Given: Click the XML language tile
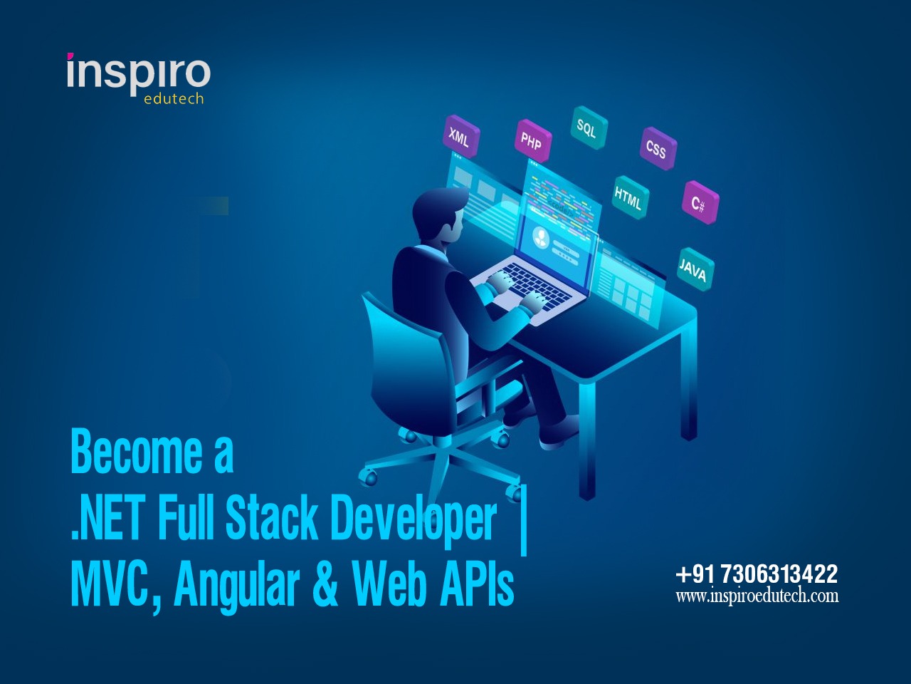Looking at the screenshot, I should pos(460,138).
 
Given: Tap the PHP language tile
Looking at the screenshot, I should pos(532,141).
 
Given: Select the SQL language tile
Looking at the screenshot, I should pos(587,128).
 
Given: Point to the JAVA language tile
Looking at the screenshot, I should pos(693,269).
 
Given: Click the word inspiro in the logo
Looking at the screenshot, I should pos(138,73).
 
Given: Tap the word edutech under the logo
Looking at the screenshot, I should pos(174,99).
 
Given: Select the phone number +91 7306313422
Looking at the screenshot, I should pos(757,574).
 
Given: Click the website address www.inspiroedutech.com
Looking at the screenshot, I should pos(757,596).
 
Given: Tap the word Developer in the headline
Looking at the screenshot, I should pos(414,518).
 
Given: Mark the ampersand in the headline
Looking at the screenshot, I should pos(325,584).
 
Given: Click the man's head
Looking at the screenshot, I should pos(436,214).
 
